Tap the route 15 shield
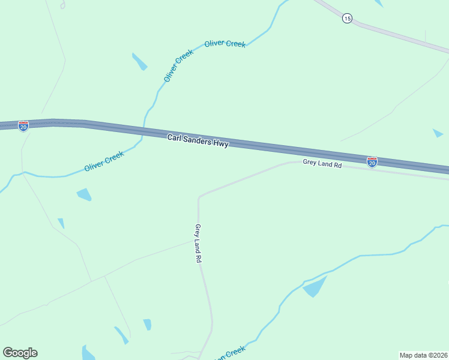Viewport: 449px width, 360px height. [347, 19]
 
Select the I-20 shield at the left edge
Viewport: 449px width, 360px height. [23, 126]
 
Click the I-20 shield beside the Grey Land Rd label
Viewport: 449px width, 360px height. [372, 161]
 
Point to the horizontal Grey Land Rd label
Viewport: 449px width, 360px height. [322, 163]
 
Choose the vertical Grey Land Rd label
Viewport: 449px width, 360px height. [197, 244]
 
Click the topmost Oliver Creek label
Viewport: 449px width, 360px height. [224, 44]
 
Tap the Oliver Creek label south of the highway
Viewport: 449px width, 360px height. [104, 161]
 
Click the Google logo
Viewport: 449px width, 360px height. [20, 353]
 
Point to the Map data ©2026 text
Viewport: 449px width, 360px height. [423, 354]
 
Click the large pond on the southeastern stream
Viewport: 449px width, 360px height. [315, 287]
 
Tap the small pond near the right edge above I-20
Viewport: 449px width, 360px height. [438, 133]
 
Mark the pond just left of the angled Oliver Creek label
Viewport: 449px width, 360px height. [139, 61]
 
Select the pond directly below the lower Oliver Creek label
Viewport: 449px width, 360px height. [84, 194]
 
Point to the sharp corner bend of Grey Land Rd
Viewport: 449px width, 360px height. [199, 196]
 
